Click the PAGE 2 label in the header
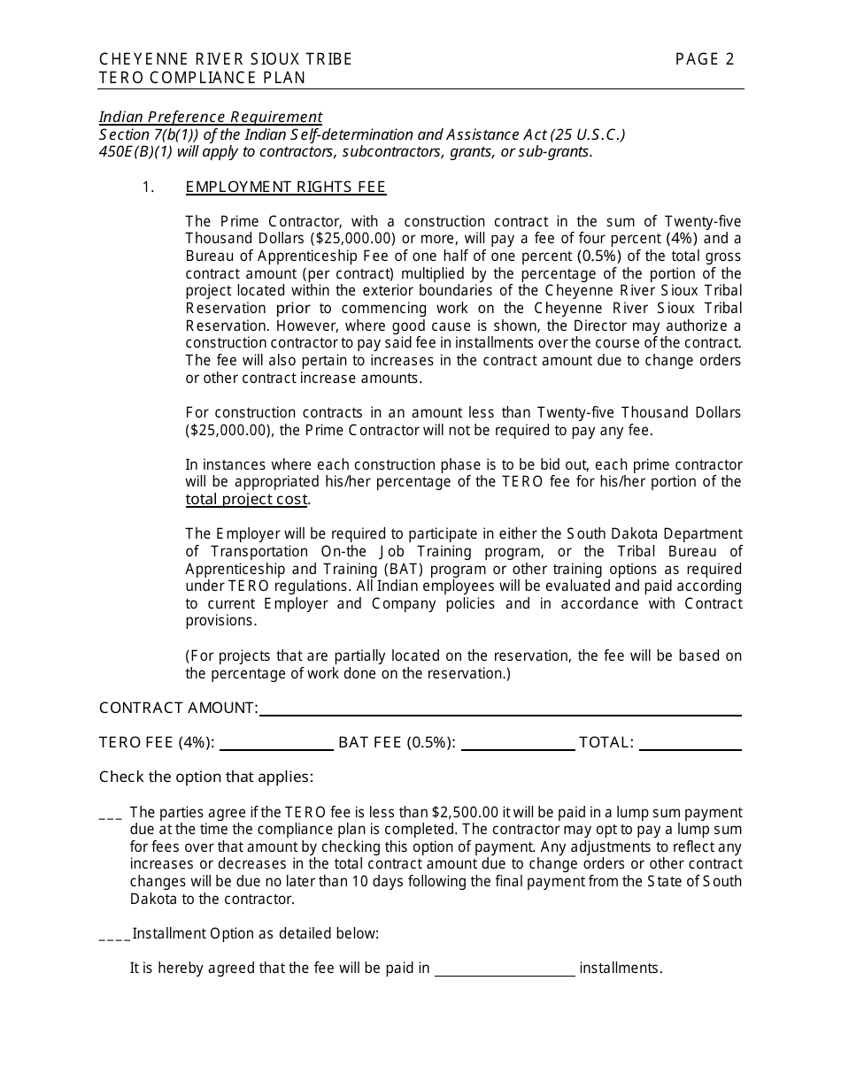coord(705,59)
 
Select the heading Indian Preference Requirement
coord(211,117)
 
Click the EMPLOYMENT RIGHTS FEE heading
coord(286,187)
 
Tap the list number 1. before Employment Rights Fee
coord(149,187)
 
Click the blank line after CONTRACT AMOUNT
coord(500,709)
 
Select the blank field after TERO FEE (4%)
coord(276,743)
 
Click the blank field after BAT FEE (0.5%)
coord(517,743)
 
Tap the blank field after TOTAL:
coord(690,743)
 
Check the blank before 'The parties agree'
coord(111,814)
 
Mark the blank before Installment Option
coord(114,935)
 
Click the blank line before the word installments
coord(505,969)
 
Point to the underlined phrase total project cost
coord(246,499)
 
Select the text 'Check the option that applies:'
coord(206,777)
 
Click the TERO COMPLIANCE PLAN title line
coord(203,77)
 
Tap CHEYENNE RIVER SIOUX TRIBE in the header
coord(226,59)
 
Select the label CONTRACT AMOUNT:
coord(178,708)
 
